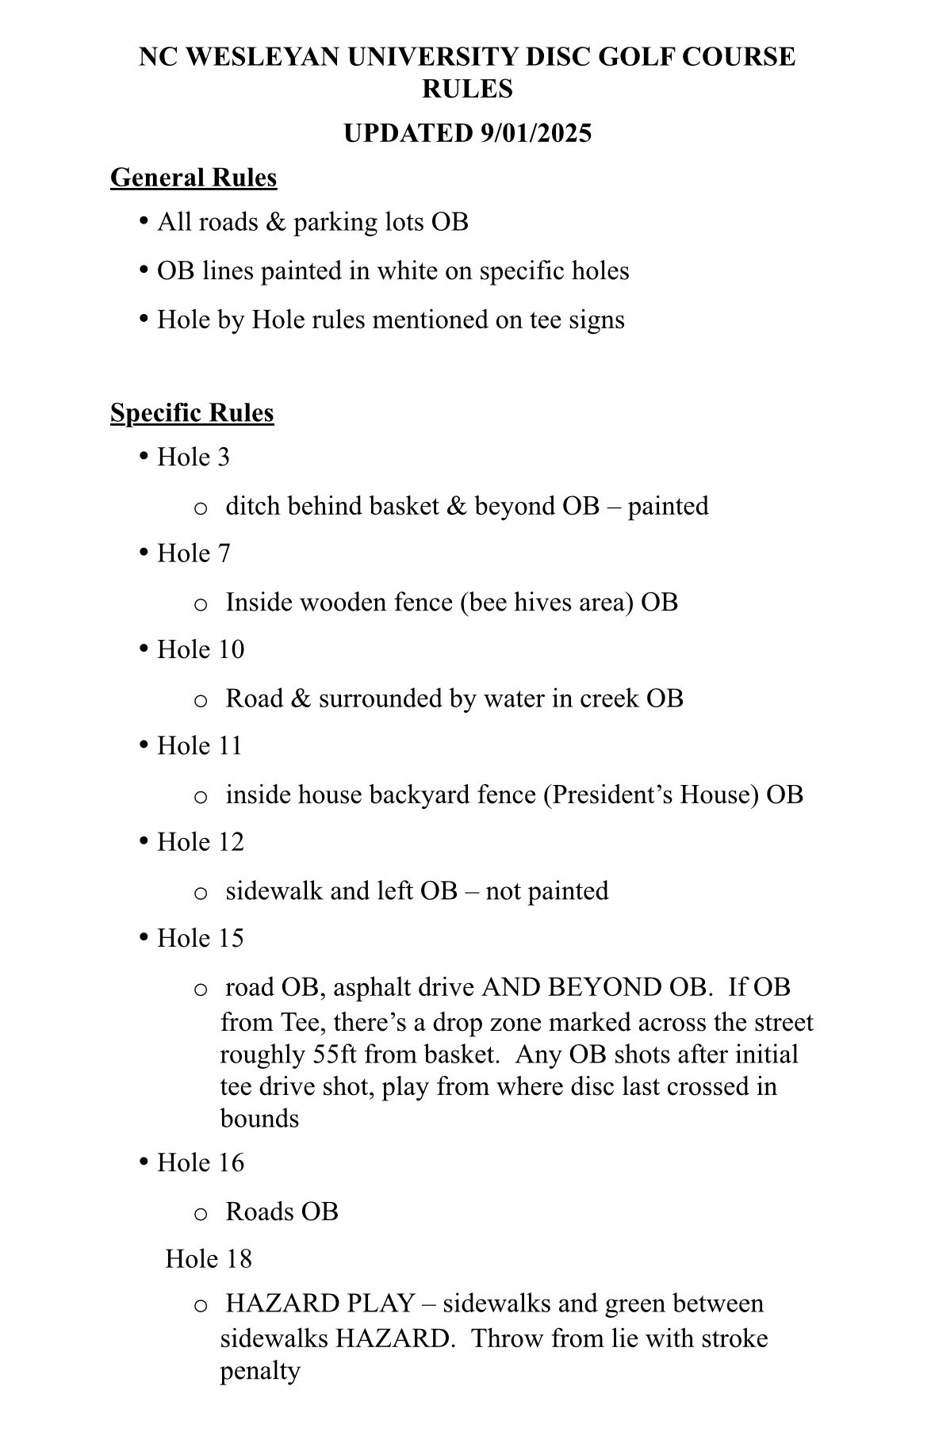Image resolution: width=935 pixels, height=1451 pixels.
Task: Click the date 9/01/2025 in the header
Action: click(536, 133)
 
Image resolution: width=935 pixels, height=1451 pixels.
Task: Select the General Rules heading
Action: click(194, 178)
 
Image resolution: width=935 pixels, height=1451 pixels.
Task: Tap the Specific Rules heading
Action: click(192, 413)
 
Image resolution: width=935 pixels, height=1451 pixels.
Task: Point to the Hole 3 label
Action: click(194, 458)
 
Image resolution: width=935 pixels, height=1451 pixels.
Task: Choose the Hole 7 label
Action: click(194, 553)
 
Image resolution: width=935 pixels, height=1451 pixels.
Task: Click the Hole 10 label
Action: click(201, 649)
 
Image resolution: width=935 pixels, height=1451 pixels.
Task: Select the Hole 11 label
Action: click(199, 746)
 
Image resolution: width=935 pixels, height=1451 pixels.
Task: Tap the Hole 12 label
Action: click(201, 842)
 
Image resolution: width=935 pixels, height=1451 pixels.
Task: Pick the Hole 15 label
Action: click(201, 938)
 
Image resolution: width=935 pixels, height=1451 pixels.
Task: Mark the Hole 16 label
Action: click(201, 1163)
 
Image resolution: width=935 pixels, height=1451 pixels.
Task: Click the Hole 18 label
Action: click(208, 1259)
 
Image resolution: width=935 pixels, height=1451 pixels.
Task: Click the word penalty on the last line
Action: click(260, 1371)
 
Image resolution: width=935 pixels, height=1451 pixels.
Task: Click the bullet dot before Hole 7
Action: click(144, 552)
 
